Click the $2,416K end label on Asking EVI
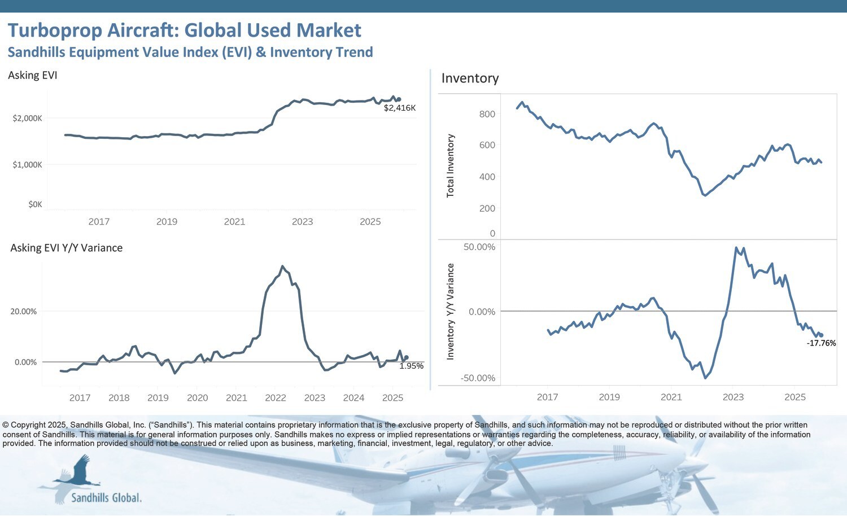click(399, 108)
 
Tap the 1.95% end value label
click(411, 366)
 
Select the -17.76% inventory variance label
click(821, 343)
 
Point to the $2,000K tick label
click(27, 119)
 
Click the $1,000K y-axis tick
click(27, 165)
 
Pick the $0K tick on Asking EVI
click(35, 204)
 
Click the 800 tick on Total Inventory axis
click(487, 114)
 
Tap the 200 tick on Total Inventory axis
click(487, 208)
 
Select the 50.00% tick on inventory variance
click(479, 247)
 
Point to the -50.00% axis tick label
click(478, 378)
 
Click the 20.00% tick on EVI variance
click(23, 312)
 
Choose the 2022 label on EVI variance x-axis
click(276, 398)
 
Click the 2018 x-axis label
click(119, 398)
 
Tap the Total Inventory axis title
click(451, 165)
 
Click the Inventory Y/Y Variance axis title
click(451, 312)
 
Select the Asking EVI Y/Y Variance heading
click(66, 248)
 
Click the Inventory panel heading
click(470, 78)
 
